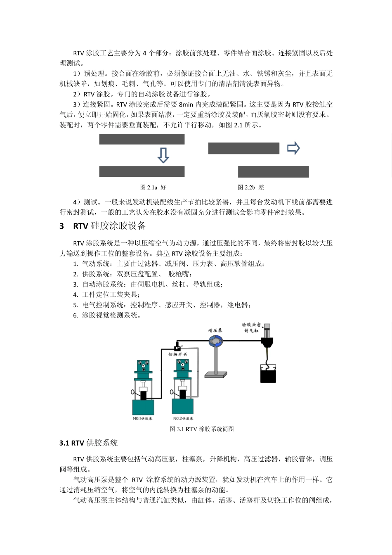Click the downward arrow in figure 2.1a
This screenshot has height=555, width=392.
pos(163,155)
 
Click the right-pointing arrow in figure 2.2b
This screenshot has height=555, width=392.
pos(293,148)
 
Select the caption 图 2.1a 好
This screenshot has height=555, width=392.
pos(153,187)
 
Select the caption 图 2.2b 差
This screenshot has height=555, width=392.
pos(250,187)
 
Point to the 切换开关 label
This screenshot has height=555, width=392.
pos(178,354)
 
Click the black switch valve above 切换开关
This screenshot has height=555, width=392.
pos(178,345)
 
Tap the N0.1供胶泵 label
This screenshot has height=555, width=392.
pos(143,418)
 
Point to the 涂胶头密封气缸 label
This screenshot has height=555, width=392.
pos(251,328)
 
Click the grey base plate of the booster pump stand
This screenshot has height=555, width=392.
pos(215,375)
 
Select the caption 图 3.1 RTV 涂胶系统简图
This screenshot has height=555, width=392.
pos(202,429)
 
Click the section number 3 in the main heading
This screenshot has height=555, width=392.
pos(62,226)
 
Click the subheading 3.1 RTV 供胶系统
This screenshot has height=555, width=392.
pos(89,443)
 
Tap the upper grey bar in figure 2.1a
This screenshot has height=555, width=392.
pos(142,139)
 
